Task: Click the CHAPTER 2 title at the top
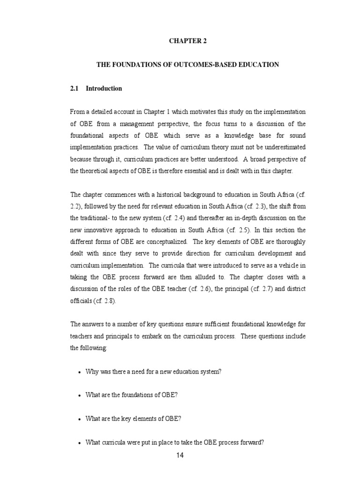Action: click(x=187, y=41)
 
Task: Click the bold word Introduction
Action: click(x=104, y=89)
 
